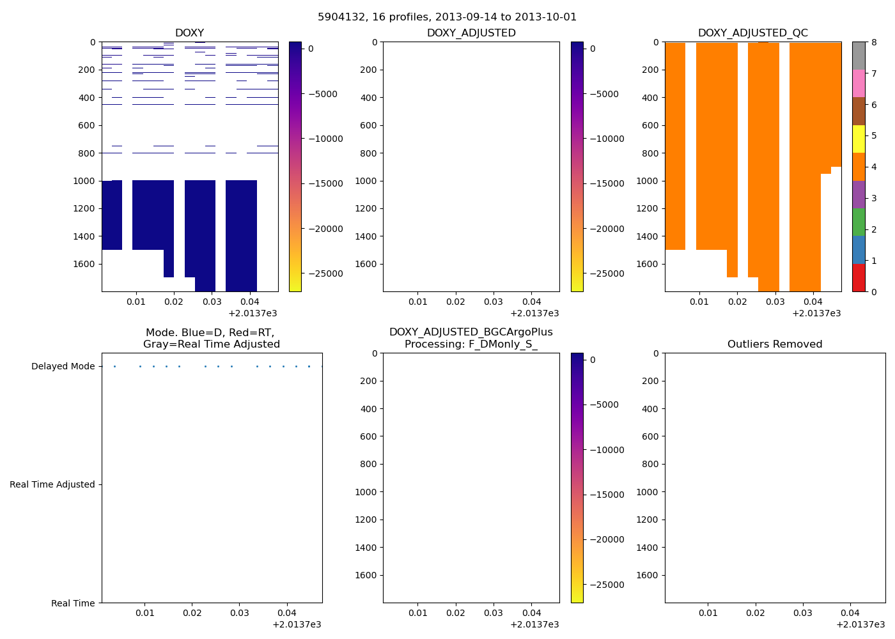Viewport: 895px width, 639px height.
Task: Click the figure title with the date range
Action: coord(447,17)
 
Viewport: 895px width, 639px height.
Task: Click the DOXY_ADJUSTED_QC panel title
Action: coord(752,33)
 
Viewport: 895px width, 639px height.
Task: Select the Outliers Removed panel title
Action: coord(775,344)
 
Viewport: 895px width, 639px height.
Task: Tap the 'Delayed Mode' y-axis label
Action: coord(63,367)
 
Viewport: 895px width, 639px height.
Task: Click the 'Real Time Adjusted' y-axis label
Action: coord(52,485)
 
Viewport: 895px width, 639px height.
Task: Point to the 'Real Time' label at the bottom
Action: coord(73,603)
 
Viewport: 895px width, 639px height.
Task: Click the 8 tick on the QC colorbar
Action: coord(873,42)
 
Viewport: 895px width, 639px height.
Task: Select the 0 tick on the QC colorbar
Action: coord(873,292)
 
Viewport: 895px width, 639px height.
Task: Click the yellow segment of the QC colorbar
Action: coord(859,139)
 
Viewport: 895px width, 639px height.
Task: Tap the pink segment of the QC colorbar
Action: coord(859,84)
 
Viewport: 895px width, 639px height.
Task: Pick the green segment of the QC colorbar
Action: coord(859,222)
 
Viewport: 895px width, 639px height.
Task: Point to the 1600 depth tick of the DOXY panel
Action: coord(84,264)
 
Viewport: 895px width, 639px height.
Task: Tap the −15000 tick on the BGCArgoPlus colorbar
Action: coord(604,495)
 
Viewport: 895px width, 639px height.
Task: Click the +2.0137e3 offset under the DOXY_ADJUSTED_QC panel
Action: coord(816,314)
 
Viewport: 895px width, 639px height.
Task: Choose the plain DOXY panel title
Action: coord(189,33)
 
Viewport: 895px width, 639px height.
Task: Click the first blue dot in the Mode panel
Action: coord(114,367)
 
